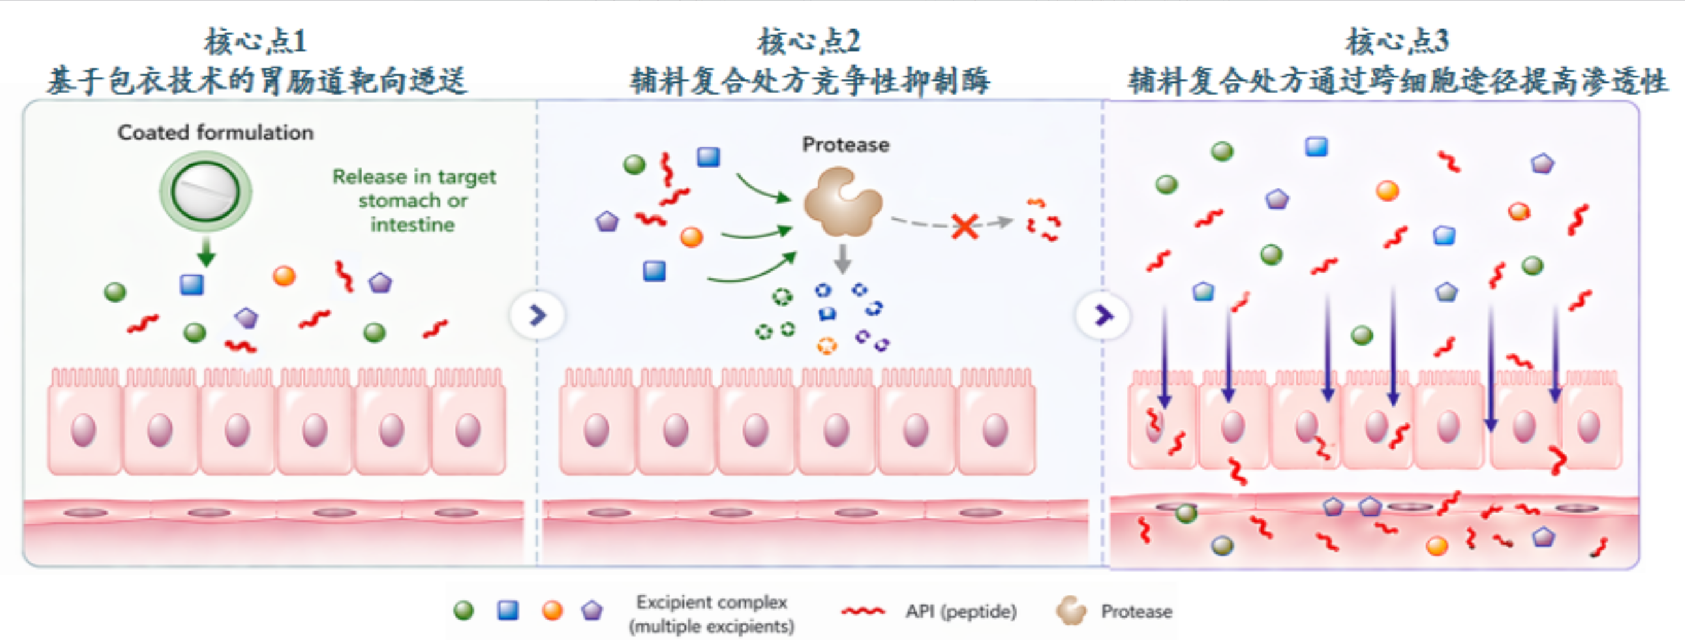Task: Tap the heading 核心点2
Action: pos(809,41)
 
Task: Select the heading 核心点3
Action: pos(1397,41)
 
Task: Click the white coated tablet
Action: pos(206,192)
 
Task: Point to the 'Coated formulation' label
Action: pos(215,132)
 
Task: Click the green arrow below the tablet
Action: pos(206,252)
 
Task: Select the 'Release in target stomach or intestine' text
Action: pos(414,200)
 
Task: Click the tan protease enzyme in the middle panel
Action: pos(842,202)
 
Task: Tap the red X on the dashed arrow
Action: pos(965,226)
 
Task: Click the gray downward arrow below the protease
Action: pos(842,259)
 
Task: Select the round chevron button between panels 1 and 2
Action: pos(537,315)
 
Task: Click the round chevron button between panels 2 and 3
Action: pos(1103,315)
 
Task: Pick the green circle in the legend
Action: pos(463,611)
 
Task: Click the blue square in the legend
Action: pos(508,611)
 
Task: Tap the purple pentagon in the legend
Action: pos(592,611)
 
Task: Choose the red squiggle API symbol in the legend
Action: pos(864,611)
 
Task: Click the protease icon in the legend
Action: pos(1072,611)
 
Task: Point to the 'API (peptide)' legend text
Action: pos(961,611)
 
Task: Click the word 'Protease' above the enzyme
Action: pos(846,145)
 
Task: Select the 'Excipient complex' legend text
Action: pos(712,602)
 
